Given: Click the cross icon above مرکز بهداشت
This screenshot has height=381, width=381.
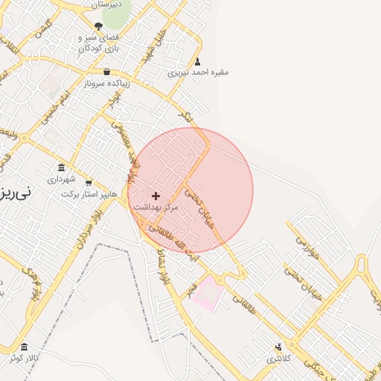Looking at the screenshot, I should coord(156,196).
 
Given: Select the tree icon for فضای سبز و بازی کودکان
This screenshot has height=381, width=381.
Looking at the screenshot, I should coord(99,26).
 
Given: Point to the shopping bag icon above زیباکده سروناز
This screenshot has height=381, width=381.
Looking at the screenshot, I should coord(108,73).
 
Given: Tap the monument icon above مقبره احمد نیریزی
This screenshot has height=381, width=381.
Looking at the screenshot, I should coord(197,62).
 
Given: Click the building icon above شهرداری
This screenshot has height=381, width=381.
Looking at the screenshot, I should coord(61,167).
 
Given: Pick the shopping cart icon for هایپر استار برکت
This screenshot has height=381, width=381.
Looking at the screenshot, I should coord(89,183).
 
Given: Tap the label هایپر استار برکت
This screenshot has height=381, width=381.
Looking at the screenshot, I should coord(89,193).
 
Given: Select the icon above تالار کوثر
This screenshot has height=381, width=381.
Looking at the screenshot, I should coord(25,348).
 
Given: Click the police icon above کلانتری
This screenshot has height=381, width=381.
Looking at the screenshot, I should coord(279,347).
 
